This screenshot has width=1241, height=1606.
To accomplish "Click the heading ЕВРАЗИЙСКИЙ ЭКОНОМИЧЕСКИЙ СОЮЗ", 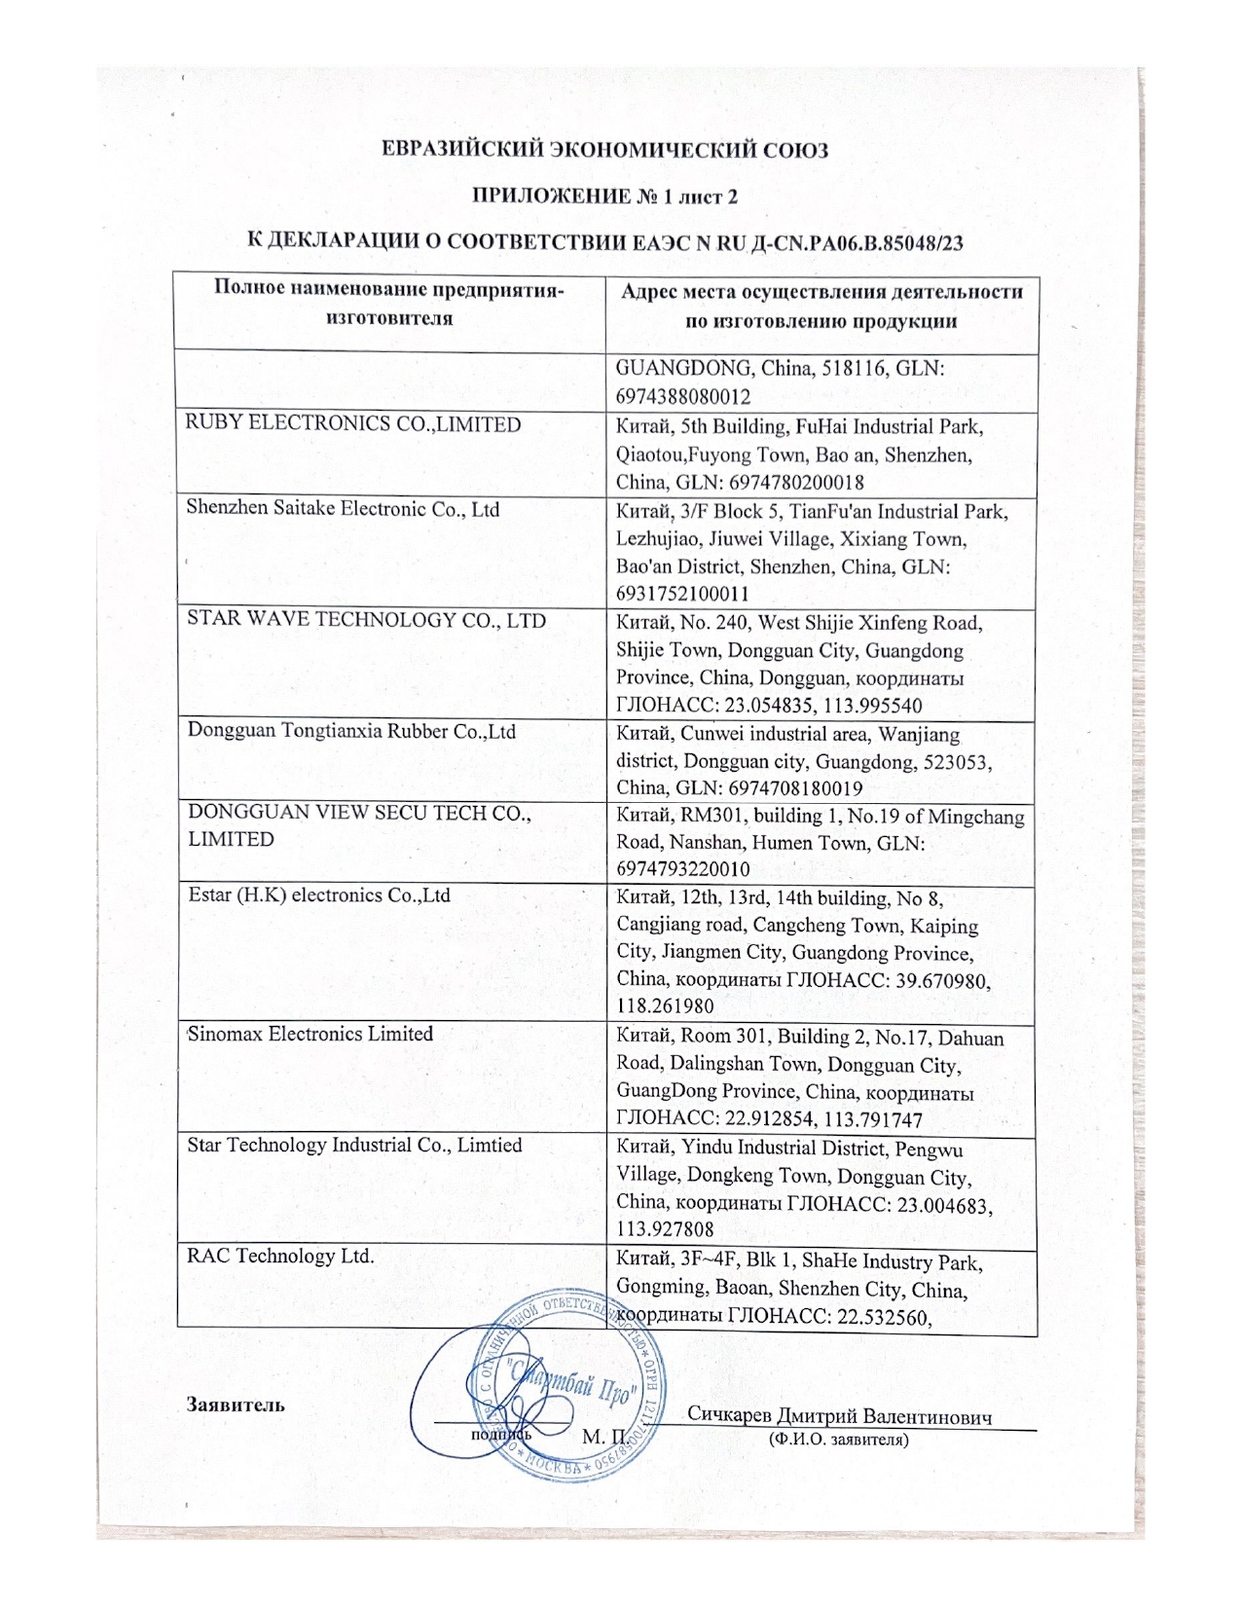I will pyautogui.click(x=604, y=151).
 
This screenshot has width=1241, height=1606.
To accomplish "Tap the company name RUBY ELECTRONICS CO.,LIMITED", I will pyautogui.click(x=353, y=424).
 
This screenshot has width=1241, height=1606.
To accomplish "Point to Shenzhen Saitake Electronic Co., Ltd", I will pyautogui.click(x=344, y=509).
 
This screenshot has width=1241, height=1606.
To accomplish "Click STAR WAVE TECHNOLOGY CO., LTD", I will pyautogui.click(x=366, y=620).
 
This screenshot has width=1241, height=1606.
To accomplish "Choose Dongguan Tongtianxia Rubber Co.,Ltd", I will pyautogui.click(x=351, y=732).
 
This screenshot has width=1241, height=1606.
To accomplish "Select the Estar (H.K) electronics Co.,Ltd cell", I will pyautogui.click(x=319, y=895).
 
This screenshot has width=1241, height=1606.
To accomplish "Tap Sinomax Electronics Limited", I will pyautogui.click(x=310, y=1034).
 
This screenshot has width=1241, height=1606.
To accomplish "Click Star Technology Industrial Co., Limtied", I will pyautogui.click(x=354, y=1145).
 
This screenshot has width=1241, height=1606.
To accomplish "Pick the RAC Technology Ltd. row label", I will pyautogui.click(x=280, y=1256).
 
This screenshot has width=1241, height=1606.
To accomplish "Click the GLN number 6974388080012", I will pyautogui.click(x=683, y=397).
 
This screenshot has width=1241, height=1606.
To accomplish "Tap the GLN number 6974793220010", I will pyautogui.click(x=683, y=869).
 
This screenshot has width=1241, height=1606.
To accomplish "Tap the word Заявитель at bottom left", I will pyautogui.click(x=235, y=1405).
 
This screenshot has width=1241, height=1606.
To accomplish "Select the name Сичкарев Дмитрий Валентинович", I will pyautogui.click(x=840, y=1416).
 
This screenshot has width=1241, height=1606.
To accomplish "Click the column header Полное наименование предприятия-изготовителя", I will pyautogui.click(x=389, y=304).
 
